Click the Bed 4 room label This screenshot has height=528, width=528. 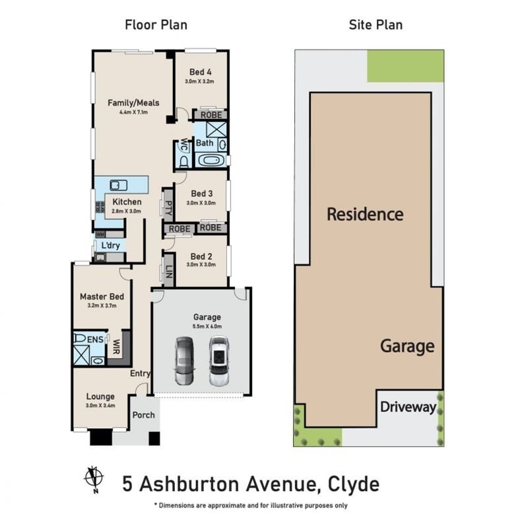coord(201,72)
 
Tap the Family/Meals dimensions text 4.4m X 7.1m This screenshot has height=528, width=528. coord(134,112)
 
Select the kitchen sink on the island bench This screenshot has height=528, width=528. coord(119,185)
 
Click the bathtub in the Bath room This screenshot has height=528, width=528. coord(211,160)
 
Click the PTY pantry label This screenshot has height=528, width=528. coord(169,208)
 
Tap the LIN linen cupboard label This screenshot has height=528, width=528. coord(169,272)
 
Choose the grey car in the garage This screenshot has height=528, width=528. coord(185,361)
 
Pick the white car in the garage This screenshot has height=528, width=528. coord(219,361)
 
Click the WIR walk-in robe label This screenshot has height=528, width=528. coord(116,347)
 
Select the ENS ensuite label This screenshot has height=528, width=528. coord(95,340)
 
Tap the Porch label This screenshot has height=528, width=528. coord(144,415)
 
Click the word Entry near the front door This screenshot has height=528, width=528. coord(140,373)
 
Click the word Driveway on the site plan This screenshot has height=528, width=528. coord(408,407)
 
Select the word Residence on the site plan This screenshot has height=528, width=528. coord(366,214)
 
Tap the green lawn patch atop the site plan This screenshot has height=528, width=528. coord(405,66)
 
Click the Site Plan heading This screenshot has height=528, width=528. coord(376,25)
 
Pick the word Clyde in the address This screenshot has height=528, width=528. coord(354,484)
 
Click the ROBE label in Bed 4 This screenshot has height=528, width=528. coord(211,115)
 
